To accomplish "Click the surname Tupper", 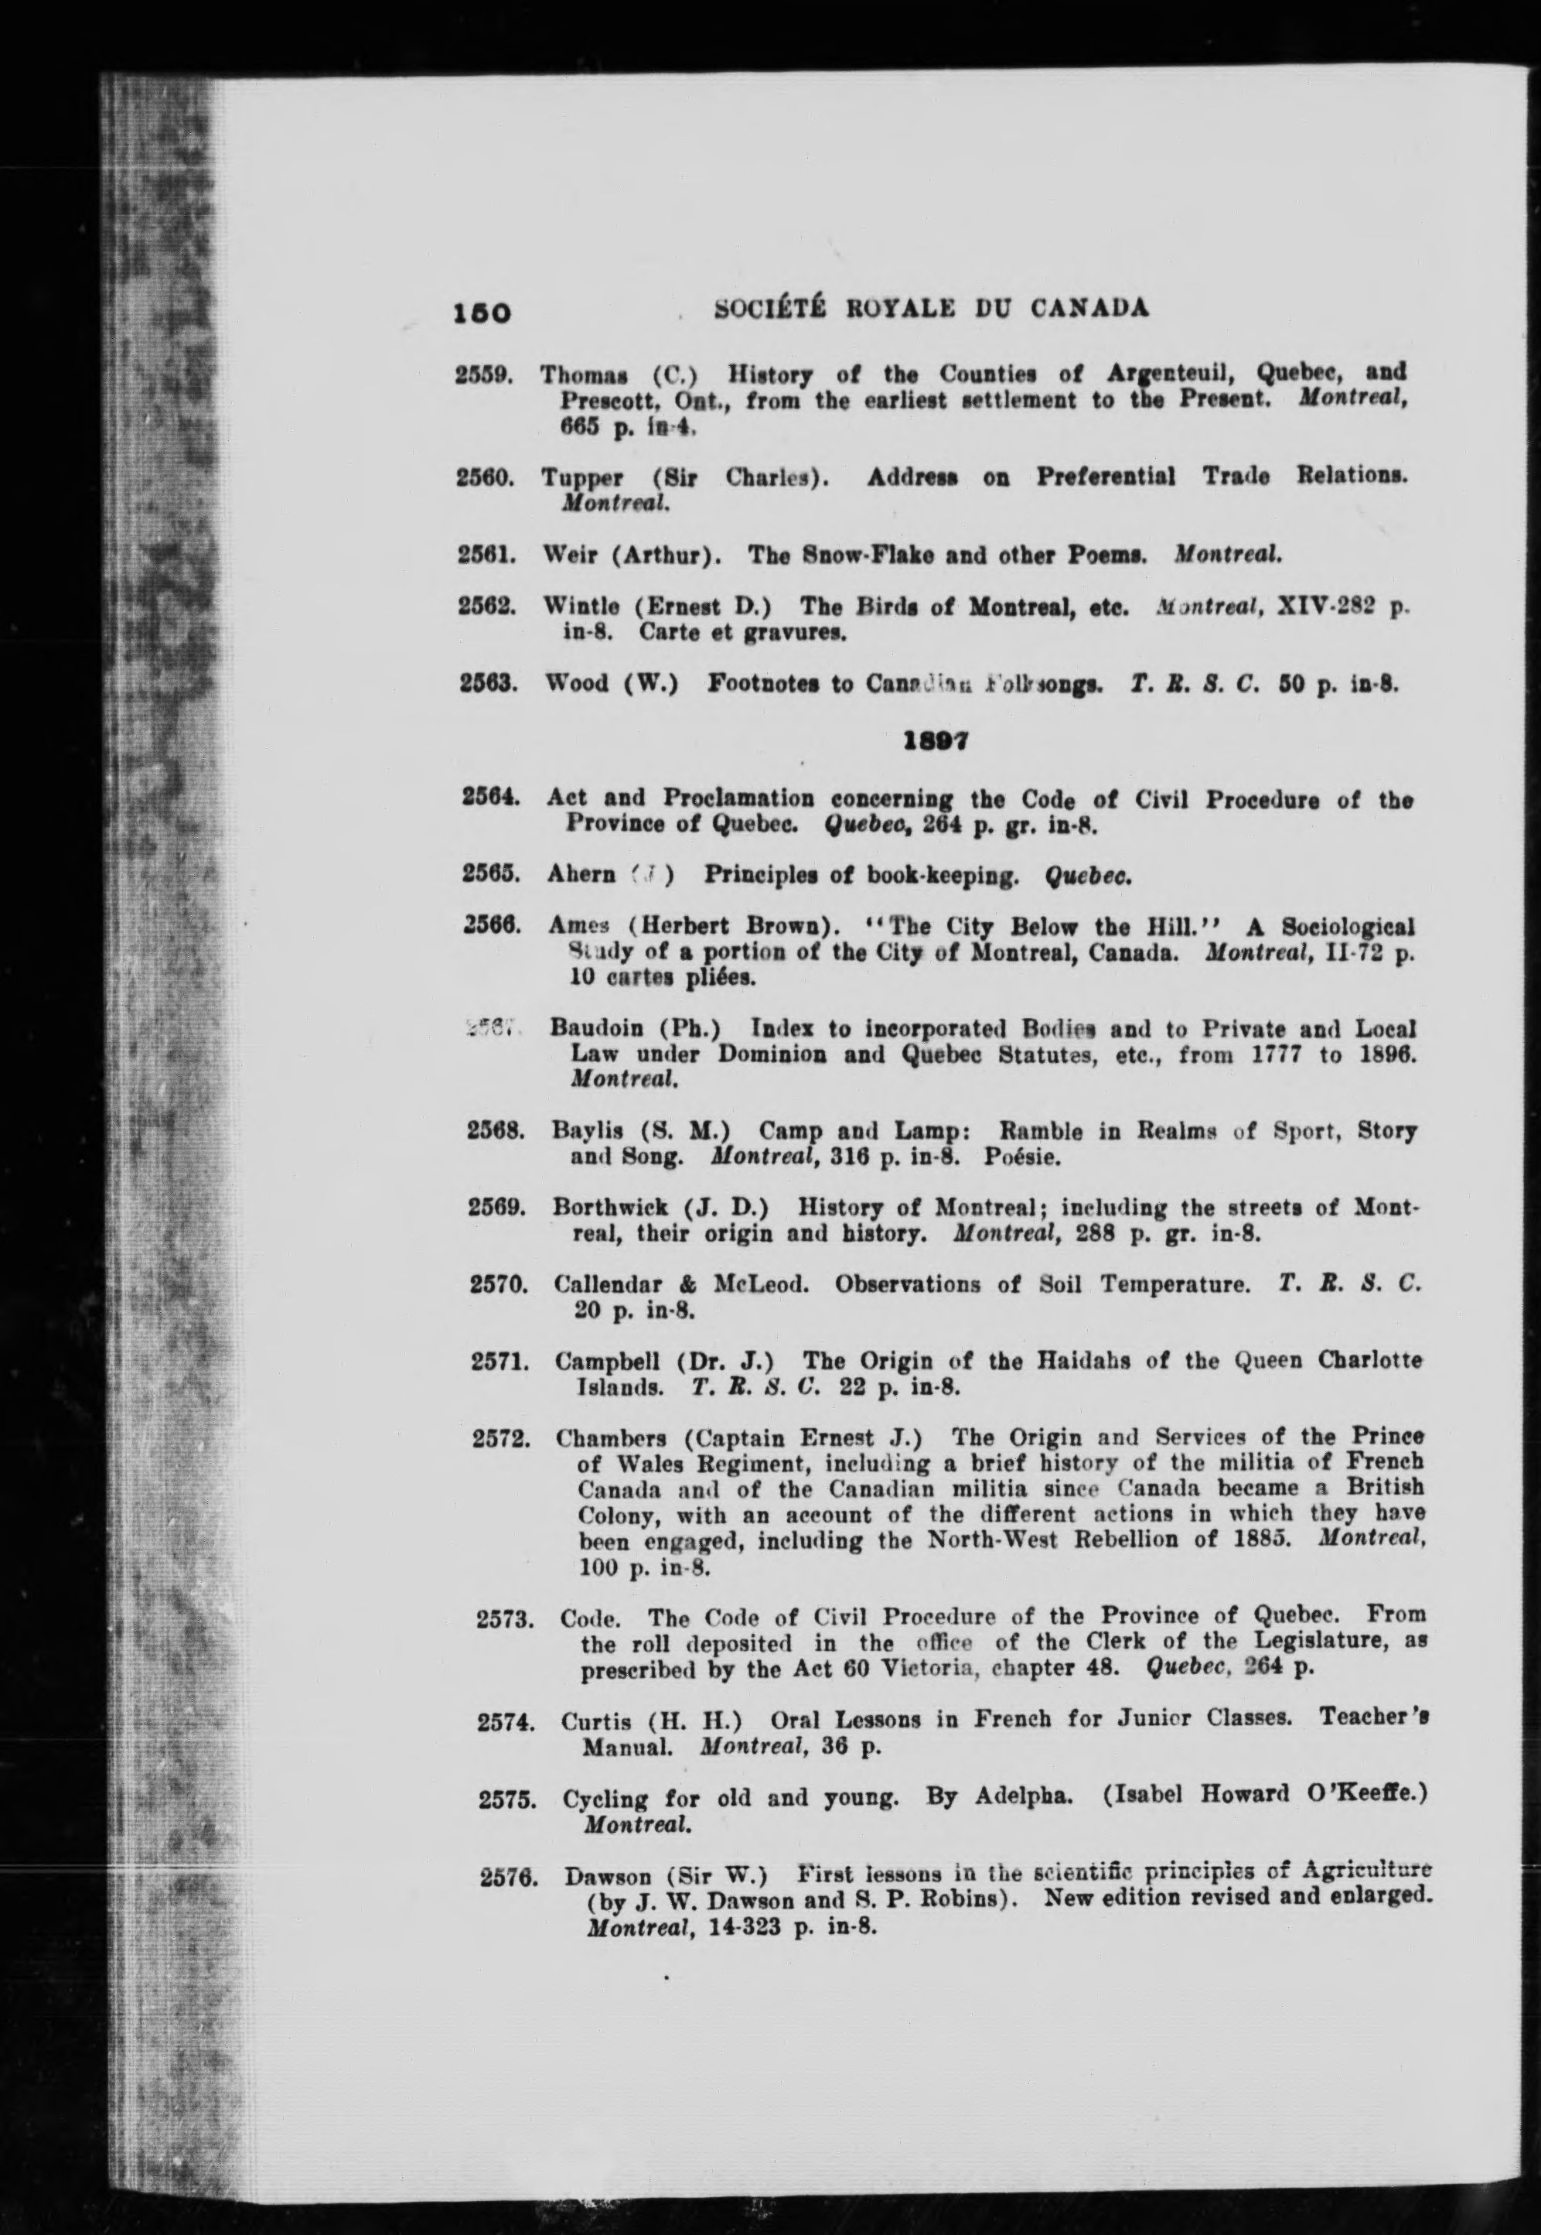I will pyautogui.click(x=582, y=477).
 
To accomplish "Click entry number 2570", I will pyautogui.click(x=496, y=1284).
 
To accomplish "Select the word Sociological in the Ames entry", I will pyautogui.click(x=1348, y=928).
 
